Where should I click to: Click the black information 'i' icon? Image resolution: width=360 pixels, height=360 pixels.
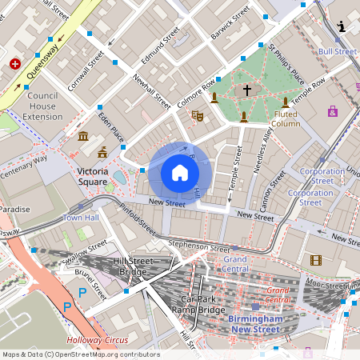click(342, 26)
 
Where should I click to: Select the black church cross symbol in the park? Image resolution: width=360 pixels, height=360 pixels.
click(247, 90)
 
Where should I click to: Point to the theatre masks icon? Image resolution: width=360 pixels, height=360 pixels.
click(197, 116)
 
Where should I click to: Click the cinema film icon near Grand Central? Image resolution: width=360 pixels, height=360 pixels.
click(316, 259)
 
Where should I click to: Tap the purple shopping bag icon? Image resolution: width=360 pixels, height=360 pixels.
click(333, 111)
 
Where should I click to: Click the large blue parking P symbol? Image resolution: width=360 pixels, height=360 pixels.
click(68, 306)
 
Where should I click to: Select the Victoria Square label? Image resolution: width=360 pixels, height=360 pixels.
click(97, 171)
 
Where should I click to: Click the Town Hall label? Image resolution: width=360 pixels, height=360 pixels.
click(81, 217)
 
